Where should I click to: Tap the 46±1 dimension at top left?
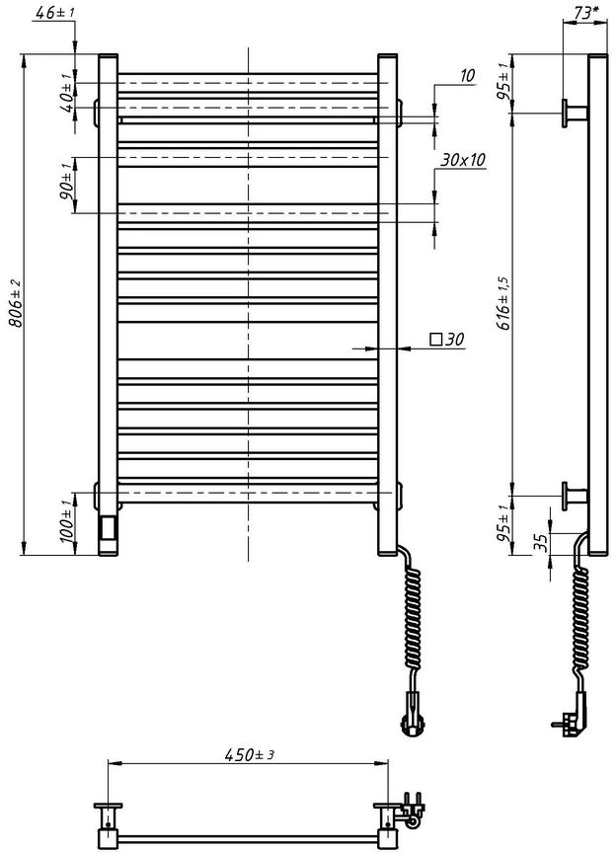click(52, 12)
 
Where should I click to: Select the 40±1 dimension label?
click(66, 93)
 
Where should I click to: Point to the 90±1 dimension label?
click(66, 181)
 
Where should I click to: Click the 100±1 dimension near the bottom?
click(66, 521)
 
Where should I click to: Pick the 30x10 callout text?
click(463, 160)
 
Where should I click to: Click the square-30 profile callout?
click(447, 340)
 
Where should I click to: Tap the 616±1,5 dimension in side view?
click(502, 303)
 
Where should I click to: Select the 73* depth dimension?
click(585, 13)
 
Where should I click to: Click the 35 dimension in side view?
click(541, 542)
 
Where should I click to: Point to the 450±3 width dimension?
click(249, 754)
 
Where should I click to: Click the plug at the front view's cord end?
click(412, 714)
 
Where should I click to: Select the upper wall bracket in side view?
click(575, 114)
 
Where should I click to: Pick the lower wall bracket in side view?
click(575, 497)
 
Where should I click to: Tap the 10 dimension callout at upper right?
click(467, 76)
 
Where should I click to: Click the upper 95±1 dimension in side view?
click(502, 83)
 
